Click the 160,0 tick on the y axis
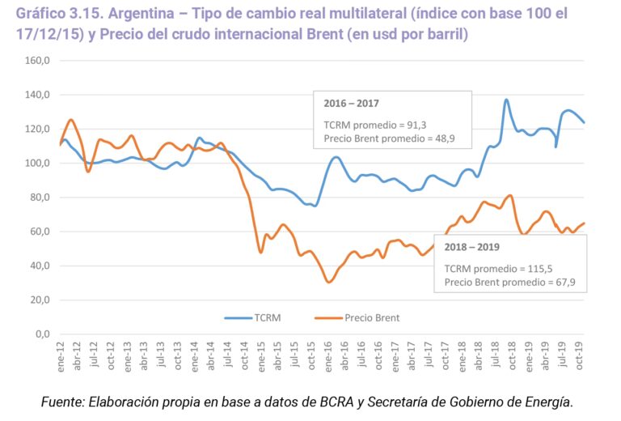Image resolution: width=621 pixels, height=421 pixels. tap(37, 61)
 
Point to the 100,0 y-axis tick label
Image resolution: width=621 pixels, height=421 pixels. tap(37, 164)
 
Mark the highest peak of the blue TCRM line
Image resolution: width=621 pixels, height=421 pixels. tap(506, 100)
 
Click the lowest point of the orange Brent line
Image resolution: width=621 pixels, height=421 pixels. tap(328, 282)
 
